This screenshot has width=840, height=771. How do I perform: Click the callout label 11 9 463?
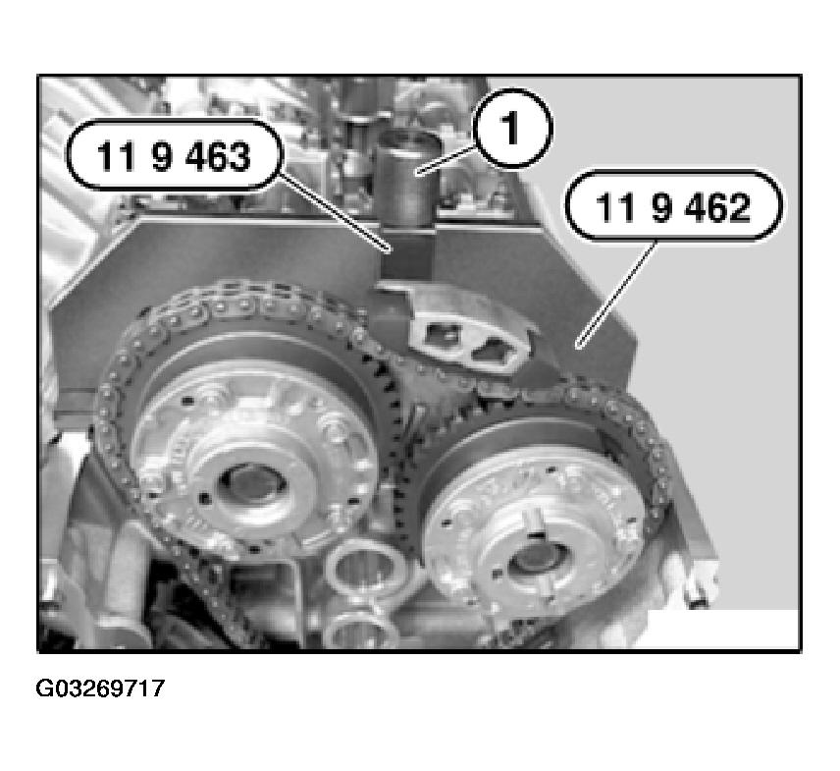173,156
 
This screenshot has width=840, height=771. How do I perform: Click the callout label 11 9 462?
673,207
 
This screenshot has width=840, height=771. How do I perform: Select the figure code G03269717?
100,688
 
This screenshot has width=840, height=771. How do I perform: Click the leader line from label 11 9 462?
616,295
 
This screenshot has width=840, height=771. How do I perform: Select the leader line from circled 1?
446,159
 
